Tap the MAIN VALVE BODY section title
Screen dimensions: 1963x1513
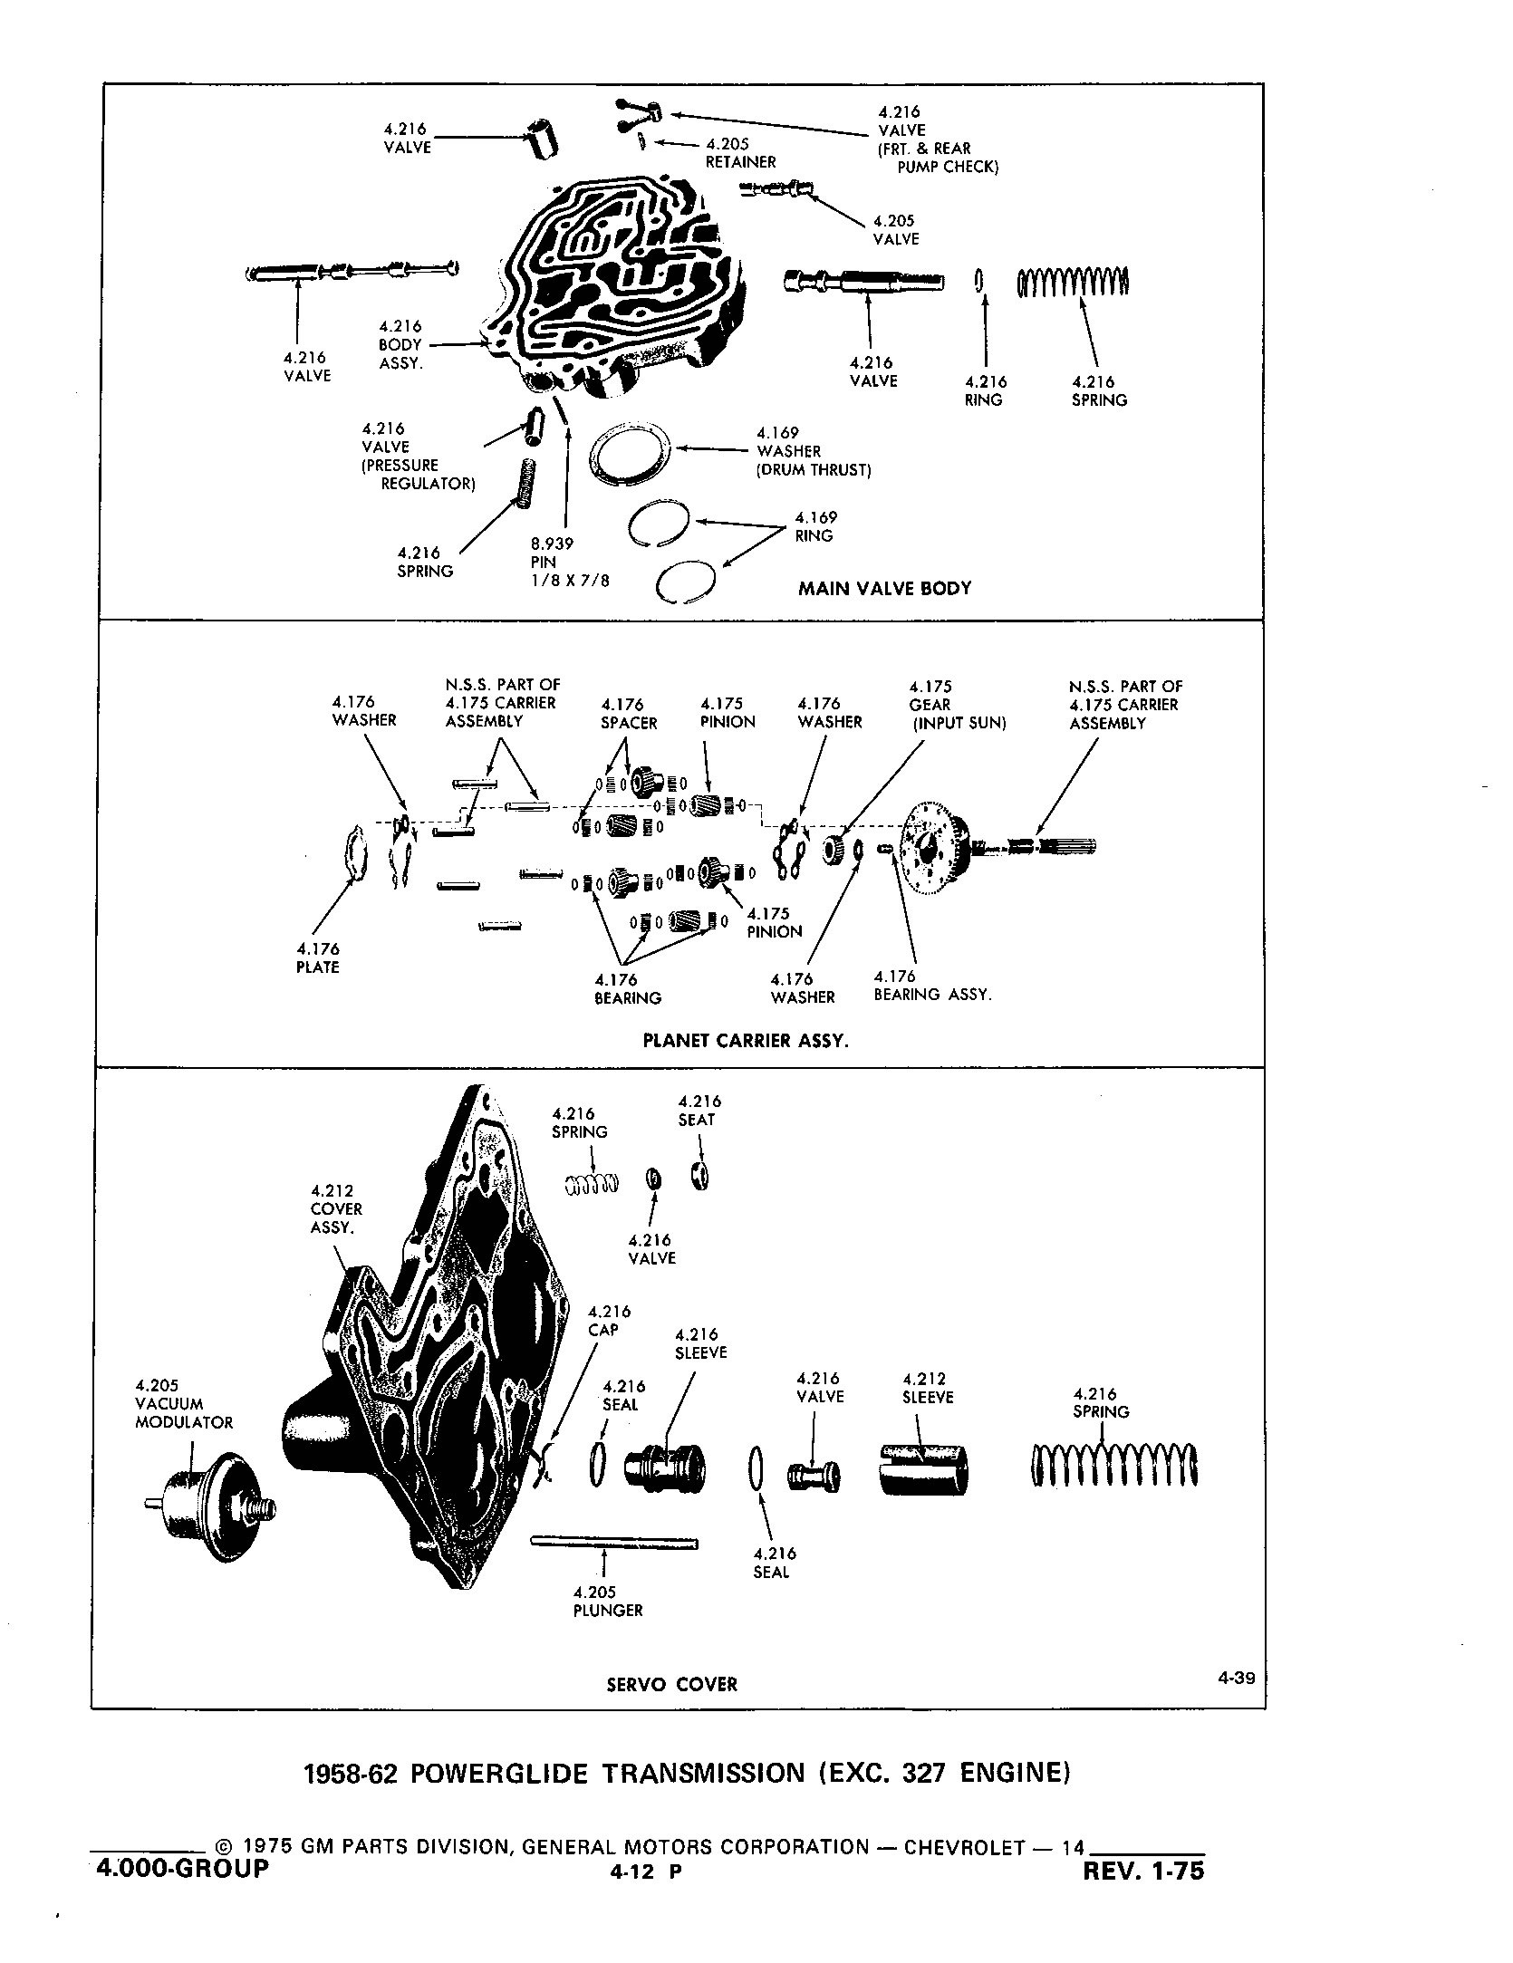point(884,589)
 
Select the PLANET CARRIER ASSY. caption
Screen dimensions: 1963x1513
point(746,1041)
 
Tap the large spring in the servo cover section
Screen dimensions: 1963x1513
point(1114,1467)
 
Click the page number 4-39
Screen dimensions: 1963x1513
point(1236,1678)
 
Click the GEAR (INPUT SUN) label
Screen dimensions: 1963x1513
point(958,705)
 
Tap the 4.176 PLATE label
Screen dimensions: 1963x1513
point(317,958)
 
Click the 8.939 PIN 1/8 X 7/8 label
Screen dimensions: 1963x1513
point(570,562)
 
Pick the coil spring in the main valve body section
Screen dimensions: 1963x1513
point(1074,283)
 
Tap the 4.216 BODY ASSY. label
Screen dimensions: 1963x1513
point(400,344)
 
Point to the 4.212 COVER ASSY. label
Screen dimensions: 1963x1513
point(336,1208)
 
